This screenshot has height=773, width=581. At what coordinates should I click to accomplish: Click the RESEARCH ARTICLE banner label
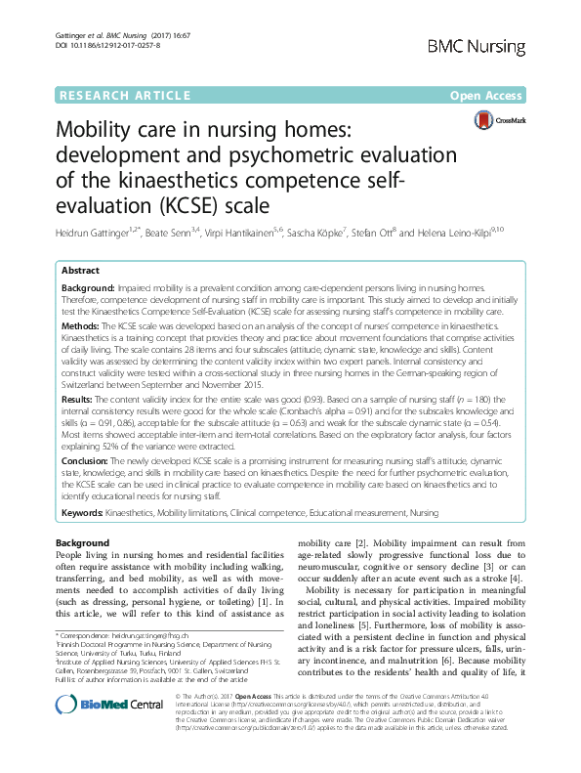(x=122, y=95)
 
